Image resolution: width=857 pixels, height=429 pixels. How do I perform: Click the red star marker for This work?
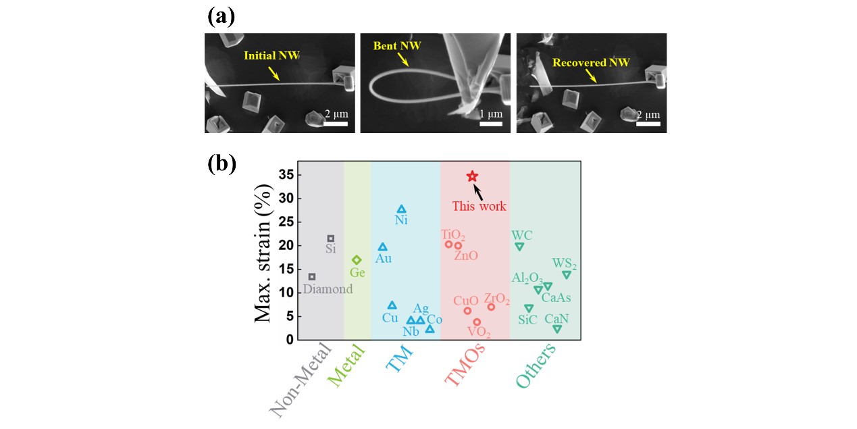pos(472,176)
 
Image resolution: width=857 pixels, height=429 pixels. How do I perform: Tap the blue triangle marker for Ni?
pos(401,209)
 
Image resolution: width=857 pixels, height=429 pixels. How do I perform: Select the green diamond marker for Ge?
pos(357,260)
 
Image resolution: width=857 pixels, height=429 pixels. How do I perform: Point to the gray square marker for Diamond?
pos(312,276)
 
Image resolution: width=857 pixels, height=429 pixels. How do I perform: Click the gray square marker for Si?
pos(330,238)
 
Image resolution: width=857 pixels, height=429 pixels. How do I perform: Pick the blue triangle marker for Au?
pos(383,247)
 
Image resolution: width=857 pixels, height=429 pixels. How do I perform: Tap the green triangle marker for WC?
pos(519,247)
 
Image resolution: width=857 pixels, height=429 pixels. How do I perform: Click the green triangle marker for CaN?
pos(557,329)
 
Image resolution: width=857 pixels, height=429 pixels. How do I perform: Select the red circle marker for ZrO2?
pos(492,307)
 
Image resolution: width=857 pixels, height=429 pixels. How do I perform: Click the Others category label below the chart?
pos(536,365)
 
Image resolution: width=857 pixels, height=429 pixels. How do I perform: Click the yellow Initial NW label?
pos(269,56)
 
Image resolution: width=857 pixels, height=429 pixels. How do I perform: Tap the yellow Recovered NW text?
pos(591,63)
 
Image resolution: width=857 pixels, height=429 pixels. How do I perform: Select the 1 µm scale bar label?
pos(490,114)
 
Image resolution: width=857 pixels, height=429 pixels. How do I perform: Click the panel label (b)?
pos(222,165)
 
